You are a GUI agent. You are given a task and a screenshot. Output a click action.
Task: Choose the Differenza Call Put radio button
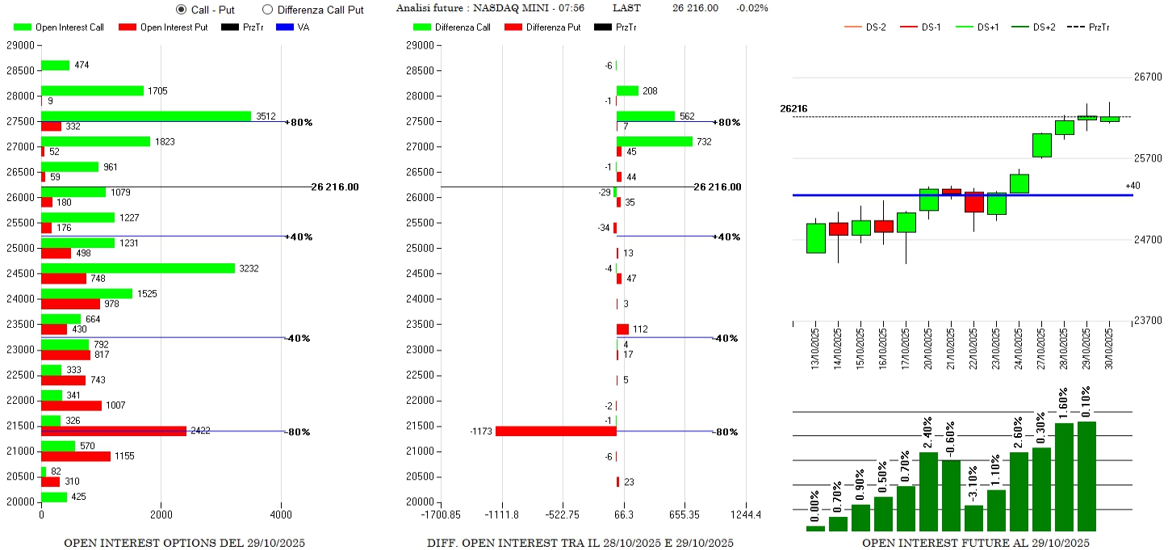pos(268,10)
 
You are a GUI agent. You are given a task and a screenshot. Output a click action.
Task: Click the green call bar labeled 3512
pos(145,116)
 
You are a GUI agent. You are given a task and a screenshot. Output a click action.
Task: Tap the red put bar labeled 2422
pos(113,431)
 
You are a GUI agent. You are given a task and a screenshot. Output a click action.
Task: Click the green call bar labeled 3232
pos(137,268)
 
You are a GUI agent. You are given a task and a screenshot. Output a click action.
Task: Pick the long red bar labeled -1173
pos(555,431)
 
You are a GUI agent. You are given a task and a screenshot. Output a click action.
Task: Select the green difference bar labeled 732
pos(654,141)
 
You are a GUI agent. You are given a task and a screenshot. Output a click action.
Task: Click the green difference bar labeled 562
pos(645,116)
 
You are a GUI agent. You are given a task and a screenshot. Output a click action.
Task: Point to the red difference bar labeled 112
pos(622,329)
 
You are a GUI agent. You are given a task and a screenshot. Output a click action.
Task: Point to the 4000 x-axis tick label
pos(281,514)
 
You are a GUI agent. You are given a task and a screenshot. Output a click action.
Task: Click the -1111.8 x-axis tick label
pos(502,514)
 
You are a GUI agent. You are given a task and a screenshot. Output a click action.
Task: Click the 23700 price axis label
pos(1147,321)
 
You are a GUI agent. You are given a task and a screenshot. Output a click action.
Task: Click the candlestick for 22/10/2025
pos(974,203)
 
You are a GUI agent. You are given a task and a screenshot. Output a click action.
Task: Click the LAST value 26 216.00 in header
pos(695,8)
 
